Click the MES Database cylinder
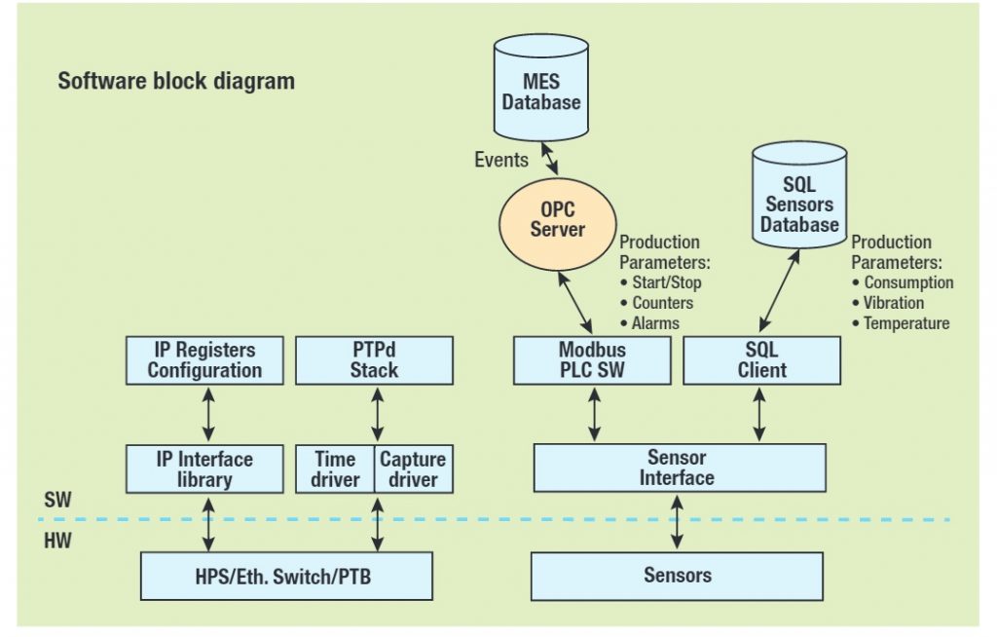(x=541, y=90)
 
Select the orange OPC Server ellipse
(x=557, y=221)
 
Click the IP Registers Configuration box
(x=204, y=360)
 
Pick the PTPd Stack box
(x=374, y=360)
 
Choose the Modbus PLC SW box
(x=592, y=360)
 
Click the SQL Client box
(x=762, y=360)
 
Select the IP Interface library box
(x=204, y=468)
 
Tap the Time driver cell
(x=335, y=468)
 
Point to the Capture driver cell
(x=413, y=468)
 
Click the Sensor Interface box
(x=678, y=468)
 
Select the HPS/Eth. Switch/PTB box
(x=286, y=577)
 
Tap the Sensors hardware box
(x=677, y=576)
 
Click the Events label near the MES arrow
(x=501, y=159)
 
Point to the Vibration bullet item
(x=894, y=303)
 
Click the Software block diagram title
(x=175, y=81)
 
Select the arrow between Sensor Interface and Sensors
(x=677, y=521)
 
